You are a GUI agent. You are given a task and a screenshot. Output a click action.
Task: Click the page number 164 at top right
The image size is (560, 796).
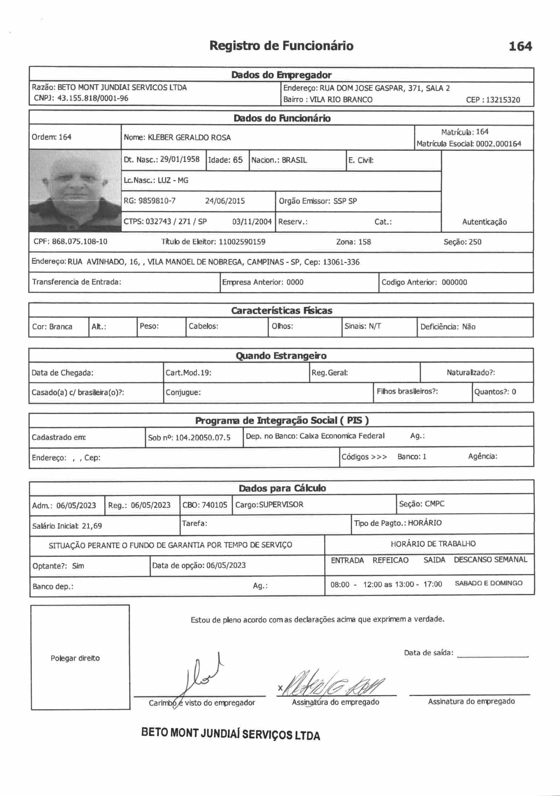[x=520, y=46]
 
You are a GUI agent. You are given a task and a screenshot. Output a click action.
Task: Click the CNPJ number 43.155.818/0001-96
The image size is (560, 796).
[x=93, y=98]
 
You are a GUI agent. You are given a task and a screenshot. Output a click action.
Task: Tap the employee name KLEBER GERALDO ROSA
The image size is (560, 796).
[x=189, y=138]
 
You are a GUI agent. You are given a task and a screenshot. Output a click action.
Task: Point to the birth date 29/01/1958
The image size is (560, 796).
[x=180, y=160]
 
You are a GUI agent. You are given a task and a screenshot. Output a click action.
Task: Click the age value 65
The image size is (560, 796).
[x=238, y=160]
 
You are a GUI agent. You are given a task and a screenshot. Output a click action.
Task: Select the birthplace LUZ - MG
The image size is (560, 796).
[x=173, y=181]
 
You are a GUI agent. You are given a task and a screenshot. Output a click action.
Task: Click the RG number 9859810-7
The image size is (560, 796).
[x=157, y=201]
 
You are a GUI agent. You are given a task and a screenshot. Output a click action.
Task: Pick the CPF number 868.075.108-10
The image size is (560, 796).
[x=79, y=242]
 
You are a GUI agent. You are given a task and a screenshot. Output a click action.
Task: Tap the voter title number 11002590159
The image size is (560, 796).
[x=242, y=242]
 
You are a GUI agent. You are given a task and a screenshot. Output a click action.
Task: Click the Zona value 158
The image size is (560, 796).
[x=364, y=242]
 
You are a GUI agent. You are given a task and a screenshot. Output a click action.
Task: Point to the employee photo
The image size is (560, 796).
[x=75, y=191]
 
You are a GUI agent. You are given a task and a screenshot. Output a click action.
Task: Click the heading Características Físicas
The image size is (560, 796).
[x=281, y=311]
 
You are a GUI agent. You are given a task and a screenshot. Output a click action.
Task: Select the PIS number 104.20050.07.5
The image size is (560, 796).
[x=203, y=438]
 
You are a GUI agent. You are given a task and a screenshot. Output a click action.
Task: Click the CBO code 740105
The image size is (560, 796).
[x=214, y=505]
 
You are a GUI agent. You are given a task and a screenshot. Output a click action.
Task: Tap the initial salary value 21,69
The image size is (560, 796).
[x=92, y=526]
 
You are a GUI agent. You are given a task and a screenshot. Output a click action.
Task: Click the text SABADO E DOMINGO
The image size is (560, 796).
[x=488, y=583]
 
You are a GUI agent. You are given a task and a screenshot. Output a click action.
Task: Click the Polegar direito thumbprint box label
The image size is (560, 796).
[x=75, y=658]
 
